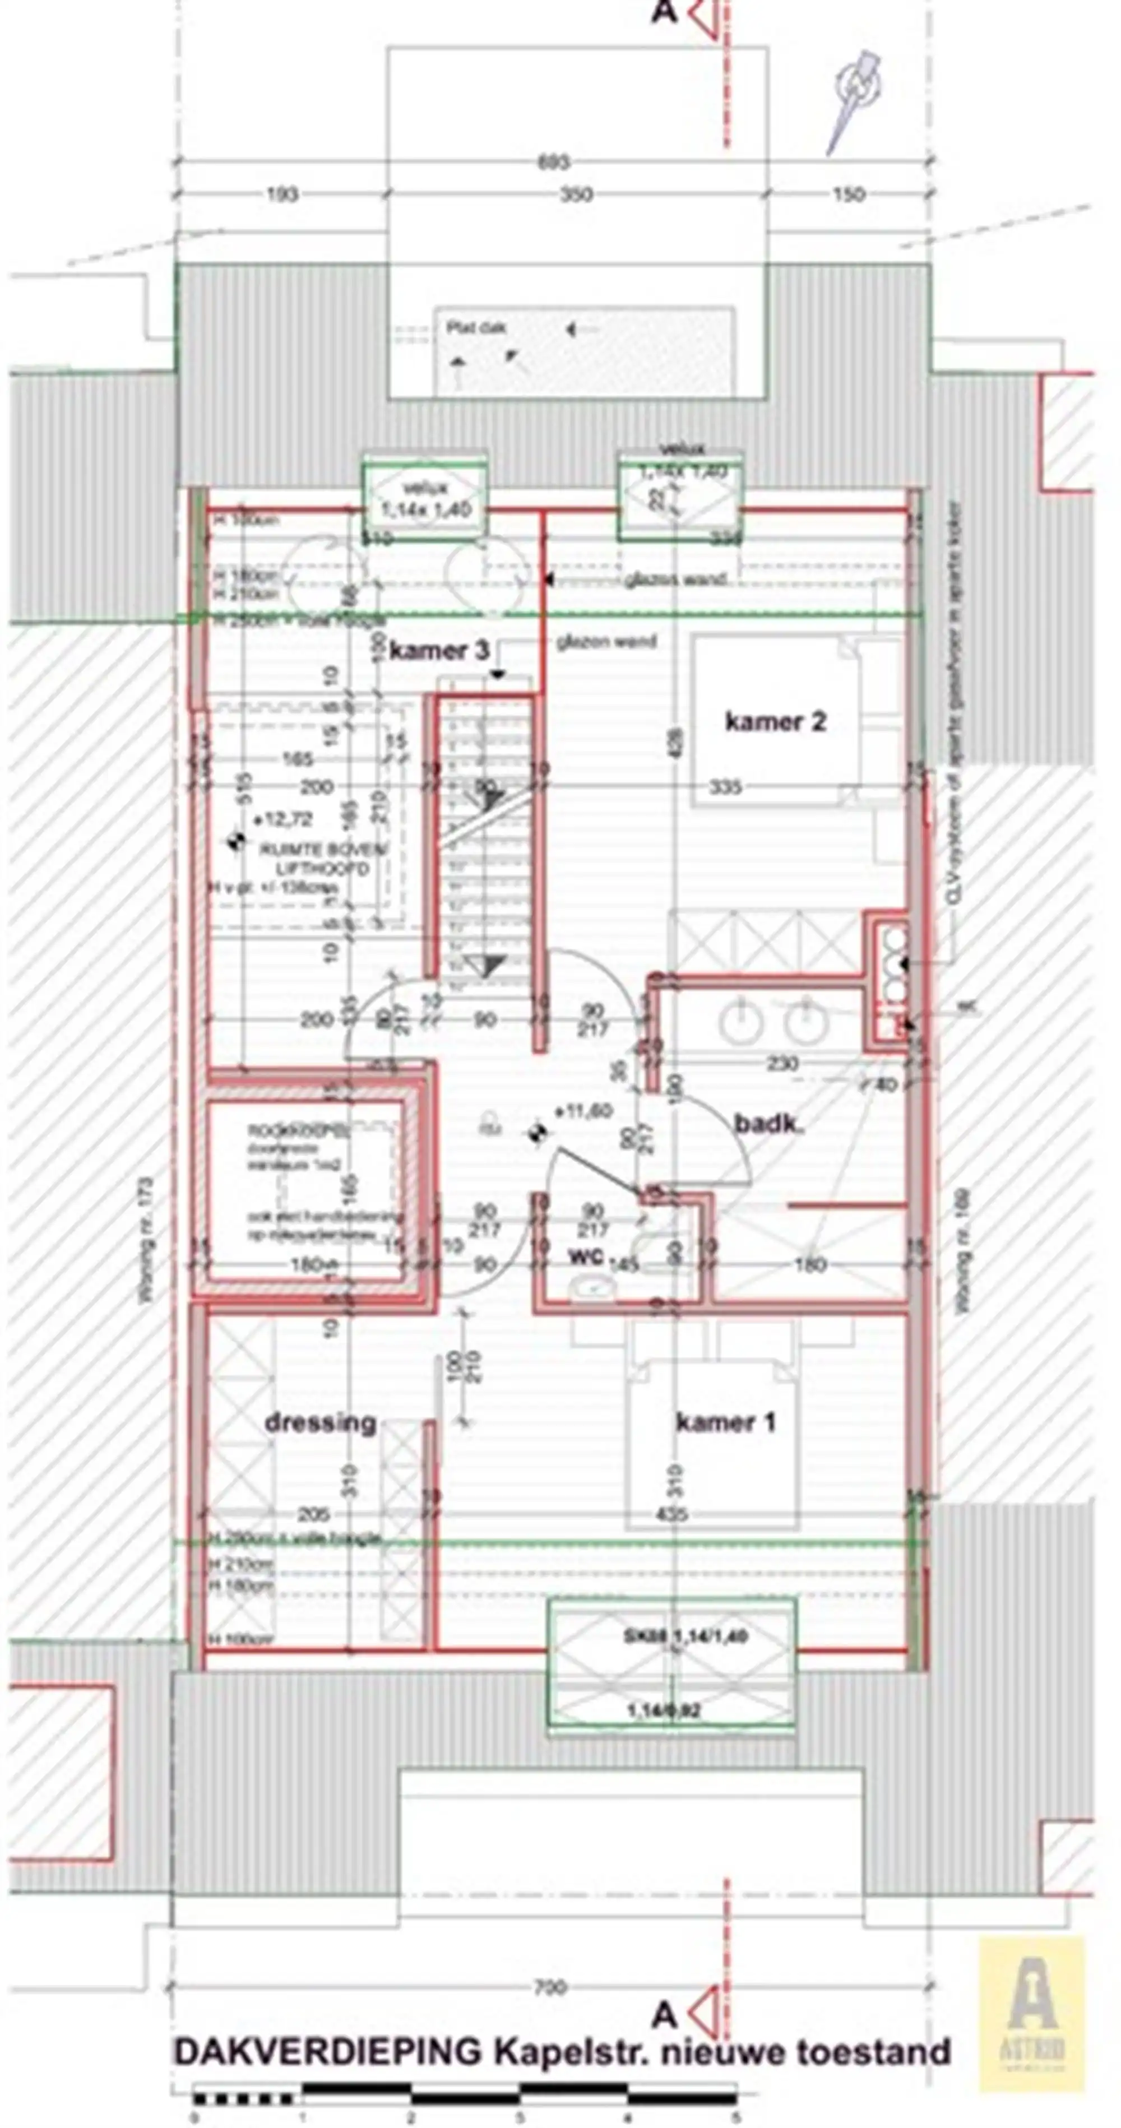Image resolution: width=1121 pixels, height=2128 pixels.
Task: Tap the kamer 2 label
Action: pos(775,721)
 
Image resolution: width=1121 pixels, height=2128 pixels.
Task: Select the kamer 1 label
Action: pos(725,1422)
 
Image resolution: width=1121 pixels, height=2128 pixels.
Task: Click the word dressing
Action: pos(321,1422)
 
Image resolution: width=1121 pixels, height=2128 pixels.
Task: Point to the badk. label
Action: pos(769,1124)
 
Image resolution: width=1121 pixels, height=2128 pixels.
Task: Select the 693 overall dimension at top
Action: pos(553,162)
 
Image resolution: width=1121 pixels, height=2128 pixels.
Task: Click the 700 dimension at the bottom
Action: pos(551,1987)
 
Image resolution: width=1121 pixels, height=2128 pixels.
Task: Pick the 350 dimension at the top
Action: pos(576,195)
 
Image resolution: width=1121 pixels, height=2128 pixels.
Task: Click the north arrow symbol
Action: pos(856,99)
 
